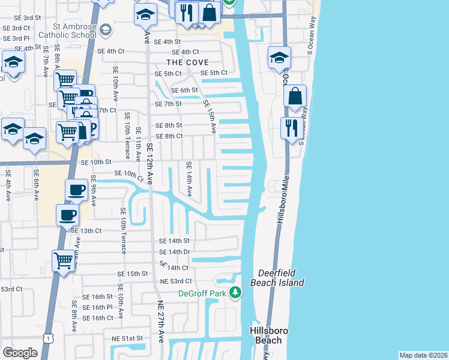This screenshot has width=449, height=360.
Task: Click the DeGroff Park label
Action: point(205,293)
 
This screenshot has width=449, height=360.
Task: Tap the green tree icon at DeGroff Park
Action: point(236,293)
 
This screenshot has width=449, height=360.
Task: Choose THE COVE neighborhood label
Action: point(187,62)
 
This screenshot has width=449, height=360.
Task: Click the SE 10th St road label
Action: point(96,162)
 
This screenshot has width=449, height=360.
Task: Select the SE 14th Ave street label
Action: point(188,179)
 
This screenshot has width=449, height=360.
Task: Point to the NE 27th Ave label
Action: point(161,322)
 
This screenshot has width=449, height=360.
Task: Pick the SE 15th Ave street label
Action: point(212,116)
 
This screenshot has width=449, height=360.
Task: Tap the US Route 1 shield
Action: point(47,339)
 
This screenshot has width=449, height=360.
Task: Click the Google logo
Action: point(20,353)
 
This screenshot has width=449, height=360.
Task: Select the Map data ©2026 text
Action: point(423,355)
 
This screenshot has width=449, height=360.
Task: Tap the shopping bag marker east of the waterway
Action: point(295,97)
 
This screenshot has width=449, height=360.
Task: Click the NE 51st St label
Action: point(127,338)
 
